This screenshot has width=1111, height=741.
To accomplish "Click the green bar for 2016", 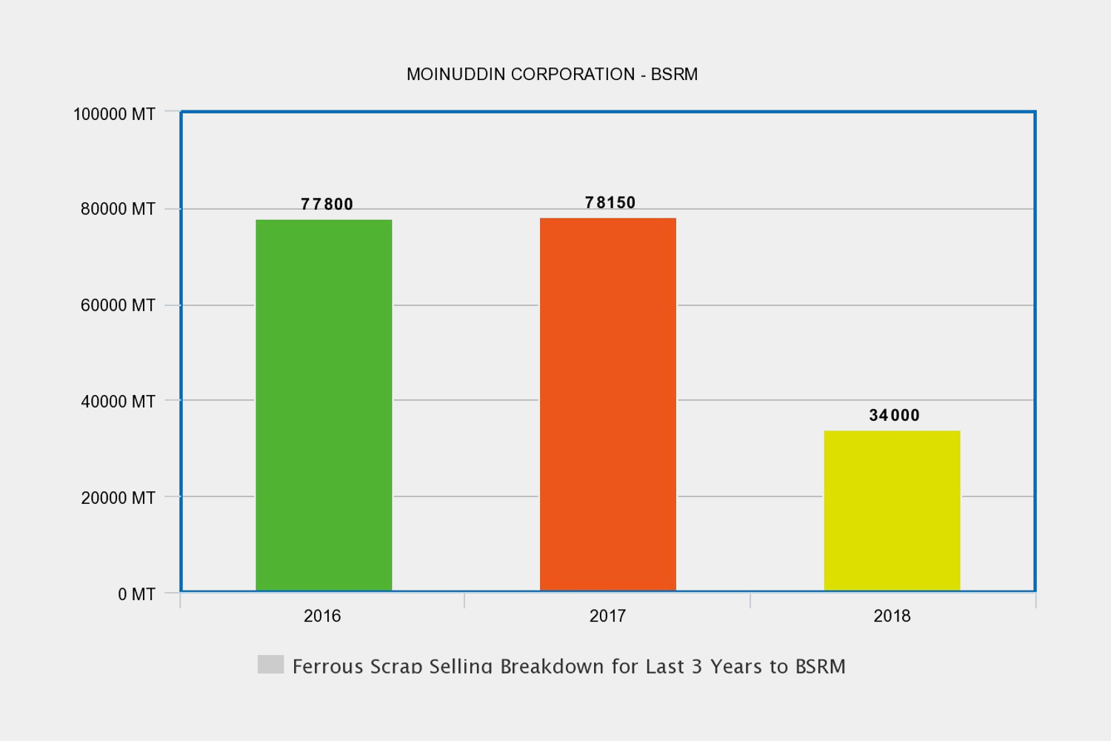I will tap(324, 405).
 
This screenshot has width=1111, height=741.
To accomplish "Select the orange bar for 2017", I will tap(607, 405).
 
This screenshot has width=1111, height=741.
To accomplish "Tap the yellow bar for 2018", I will tap(892, 511).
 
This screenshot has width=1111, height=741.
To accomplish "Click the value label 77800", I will tap(327, 205).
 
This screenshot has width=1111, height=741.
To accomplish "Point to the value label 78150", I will tap(610, 203).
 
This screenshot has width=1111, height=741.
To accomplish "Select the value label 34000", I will tap(894, 416).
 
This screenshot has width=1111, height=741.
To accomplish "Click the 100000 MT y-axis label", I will tap(114, 114).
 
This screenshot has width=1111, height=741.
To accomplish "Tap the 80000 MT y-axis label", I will tap(118, 209).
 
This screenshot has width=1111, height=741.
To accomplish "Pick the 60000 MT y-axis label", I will tap(118, 305).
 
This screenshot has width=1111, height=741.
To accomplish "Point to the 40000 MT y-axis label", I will tap(118, 402).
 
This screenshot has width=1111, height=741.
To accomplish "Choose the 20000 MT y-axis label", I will tap(118, 498).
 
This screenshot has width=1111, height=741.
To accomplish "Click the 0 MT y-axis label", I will tap(136, 594).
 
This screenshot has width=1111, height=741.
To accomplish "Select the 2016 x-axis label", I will tap(322, 616).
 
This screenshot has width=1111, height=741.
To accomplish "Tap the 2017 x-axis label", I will tap(607, 616).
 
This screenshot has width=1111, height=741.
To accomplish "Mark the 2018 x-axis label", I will tap(892, 616).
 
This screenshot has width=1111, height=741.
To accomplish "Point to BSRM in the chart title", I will tap(674, 74).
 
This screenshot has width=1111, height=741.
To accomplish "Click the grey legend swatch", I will tap(270, 664).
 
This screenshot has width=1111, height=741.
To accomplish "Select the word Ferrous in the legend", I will tap(327, 666).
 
